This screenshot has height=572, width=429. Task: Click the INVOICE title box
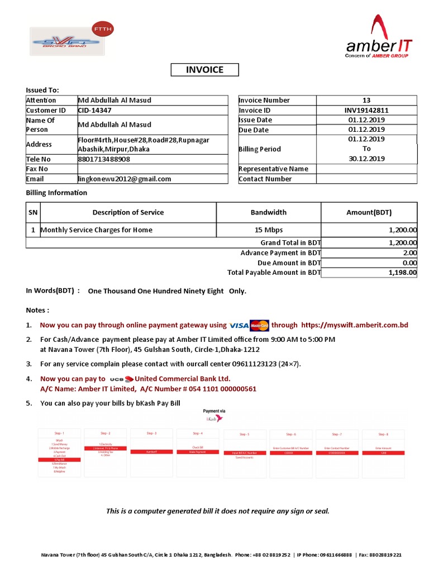tap(204, 70)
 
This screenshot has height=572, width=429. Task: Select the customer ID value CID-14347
tap(94, 111)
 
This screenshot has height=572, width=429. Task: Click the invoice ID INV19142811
tap(366, 111)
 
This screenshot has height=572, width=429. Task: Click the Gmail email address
tap(125, 179)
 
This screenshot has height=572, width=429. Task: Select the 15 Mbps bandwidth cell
tap(268, 230)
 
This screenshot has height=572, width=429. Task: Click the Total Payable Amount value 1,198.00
tap(403, 273)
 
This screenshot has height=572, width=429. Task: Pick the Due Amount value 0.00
tap(409, 263)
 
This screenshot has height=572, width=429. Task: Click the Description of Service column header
tap(128, 212)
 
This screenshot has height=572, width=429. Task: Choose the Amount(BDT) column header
tap(369, 212)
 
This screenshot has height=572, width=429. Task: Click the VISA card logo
tap(239, 325)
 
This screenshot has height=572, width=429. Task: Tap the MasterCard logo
tap(259, 325)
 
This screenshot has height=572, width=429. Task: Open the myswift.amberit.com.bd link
tap(355, 325)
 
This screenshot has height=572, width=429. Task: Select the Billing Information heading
tap(56, 193)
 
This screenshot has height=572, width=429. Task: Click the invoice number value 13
tap(366, 101)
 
